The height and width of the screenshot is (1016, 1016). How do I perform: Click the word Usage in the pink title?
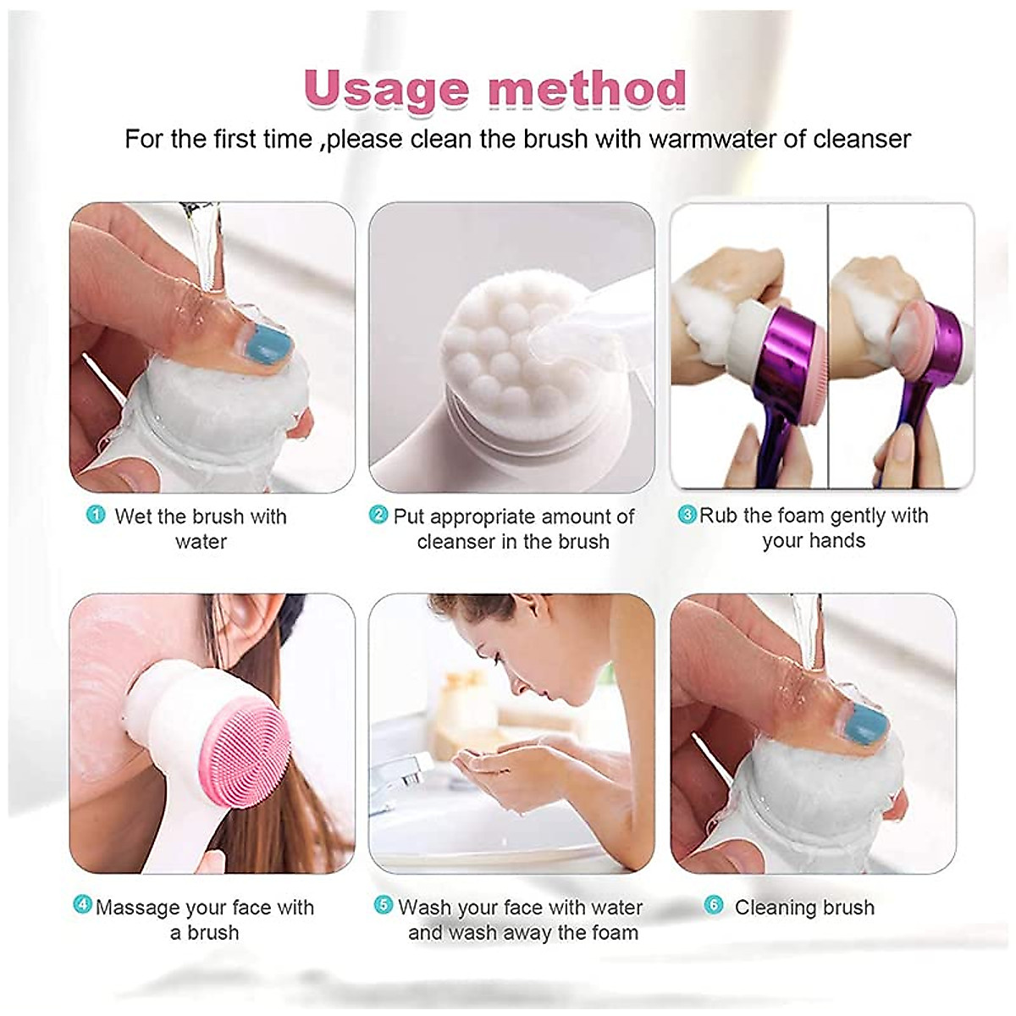(386, 89)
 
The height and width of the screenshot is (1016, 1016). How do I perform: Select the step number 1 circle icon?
(96, 515)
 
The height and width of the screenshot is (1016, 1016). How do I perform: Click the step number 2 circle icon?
(378, 515)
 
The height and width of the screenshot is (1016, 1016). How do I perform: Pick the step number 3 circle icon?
(687, 515)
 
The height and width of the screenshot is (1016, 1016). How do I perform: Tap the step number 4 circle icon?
(83, 905)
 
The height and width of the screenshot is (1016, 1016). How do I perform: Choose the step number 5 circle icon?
(384, 905)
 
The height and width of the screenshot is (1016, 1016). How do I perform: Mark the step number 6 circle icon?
(714, 905)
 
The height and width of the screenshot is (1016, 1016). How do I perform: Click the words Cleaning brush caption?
(804, 908)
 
